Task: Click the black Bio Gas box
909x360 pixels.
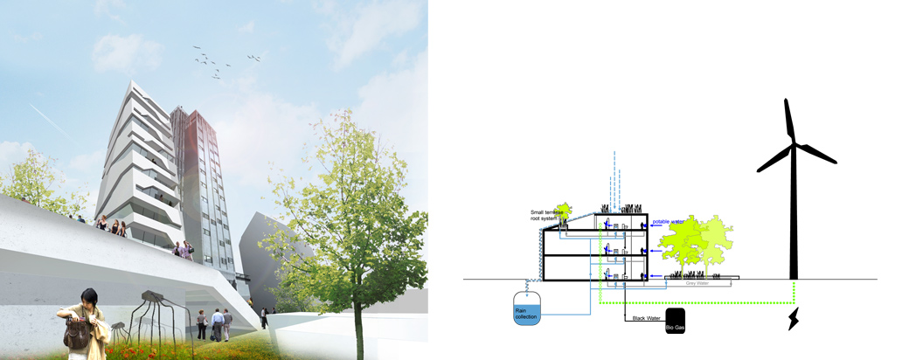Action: (676, 320)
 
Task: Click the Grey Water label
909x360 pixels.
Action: (697, 283)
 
